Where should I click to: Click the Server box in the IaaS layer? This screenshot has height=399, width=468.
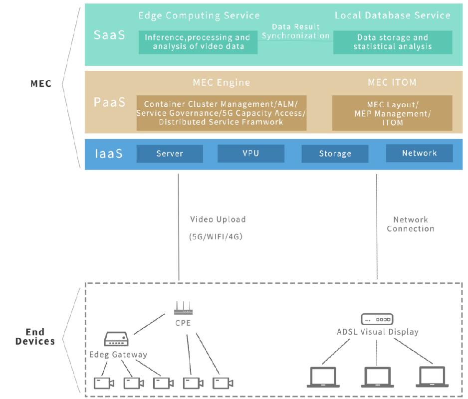170,154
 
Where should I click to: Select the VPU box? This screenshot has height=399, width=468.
250,153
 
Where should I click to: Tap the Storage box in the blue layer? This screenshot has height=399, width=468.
335,154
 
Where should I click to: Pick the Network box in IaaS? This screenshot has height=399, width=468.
419,153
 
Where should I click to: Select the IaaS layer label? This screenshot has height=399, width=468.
109,154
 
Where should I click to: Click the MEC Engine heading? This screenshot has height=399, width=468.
221,82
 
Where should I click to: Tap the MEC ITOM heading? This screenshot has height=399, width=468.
392,82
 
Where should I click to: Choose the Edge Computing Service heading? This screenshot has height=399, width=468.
199,15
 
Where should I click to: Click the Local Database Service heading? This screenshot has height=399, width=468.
392,15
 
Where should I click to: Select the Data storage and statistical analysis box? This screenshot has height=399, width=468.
392,42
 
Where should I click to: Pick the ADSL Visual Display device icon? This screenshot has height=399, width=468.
377,319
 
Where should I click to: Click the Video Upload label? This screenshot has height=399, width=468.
218,219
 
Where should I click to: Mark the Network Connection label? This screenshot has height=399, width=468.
410,224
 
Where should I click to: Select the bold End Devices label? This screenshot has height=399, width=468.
35,337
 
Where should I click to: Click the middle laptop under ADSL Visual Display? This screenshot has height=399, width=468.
376,377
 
